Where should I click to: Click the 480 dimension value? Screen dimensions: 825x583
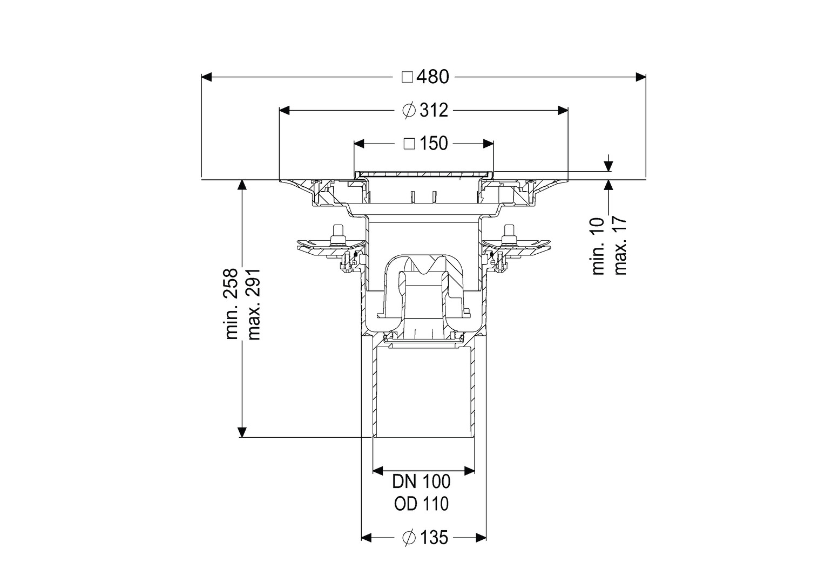[x=433, y=77]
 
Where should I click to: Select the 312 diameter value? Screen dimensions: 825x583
[x=434, y=110]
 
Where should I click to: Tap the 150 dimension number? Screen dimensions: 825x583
[x=434, y=143]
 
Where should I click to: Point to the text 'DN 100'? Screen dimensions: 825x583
[x=421, y=482]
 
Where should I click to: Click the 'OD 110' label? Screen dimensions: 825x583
[x=421, y=504]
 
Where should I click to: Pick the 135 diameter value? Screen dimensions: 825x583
[x=434, y=538]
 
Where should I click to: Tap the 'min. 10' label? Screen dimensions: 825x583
[x=598, y=246]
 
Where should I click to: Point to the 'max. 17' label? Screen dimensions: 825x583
[x=620, y=246]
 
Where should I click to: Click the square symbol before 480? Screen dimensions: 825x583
[x=407, y=77]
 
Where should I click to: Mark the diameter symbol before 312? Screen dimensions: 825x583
[x=409, y=110]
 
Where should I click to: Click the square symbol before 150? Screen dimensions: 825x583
[x=409, y=144]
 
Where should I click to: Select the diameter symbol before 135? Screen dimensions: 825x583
[x=409, y=538]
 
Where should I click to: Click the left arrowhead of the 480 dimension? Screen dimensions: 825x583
[x=206, y=77]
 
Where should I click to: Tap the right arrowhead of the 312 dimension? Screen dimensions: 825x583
[x=563, y=110]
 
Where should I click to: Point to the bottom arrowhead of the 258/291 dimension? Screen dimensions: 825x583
[x=241, y=432]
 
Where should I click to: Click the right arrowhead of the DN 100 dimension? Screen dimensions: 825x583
[x=470, y=470]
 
